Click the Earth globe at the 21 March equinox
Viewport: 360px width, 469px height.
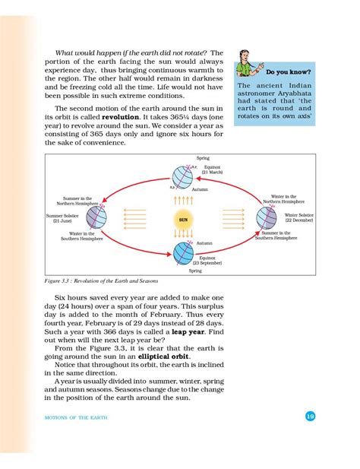[183, 174]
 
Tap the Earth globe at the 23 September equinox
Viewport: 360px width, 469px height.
[183, 252]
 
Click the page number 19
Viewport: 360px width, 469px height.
[310, 416]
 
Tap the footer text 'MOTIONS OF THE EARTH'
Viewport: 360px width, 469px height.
[67, 417]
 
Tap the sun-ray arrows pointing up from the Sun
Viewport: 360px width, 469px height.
[183, 199]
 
